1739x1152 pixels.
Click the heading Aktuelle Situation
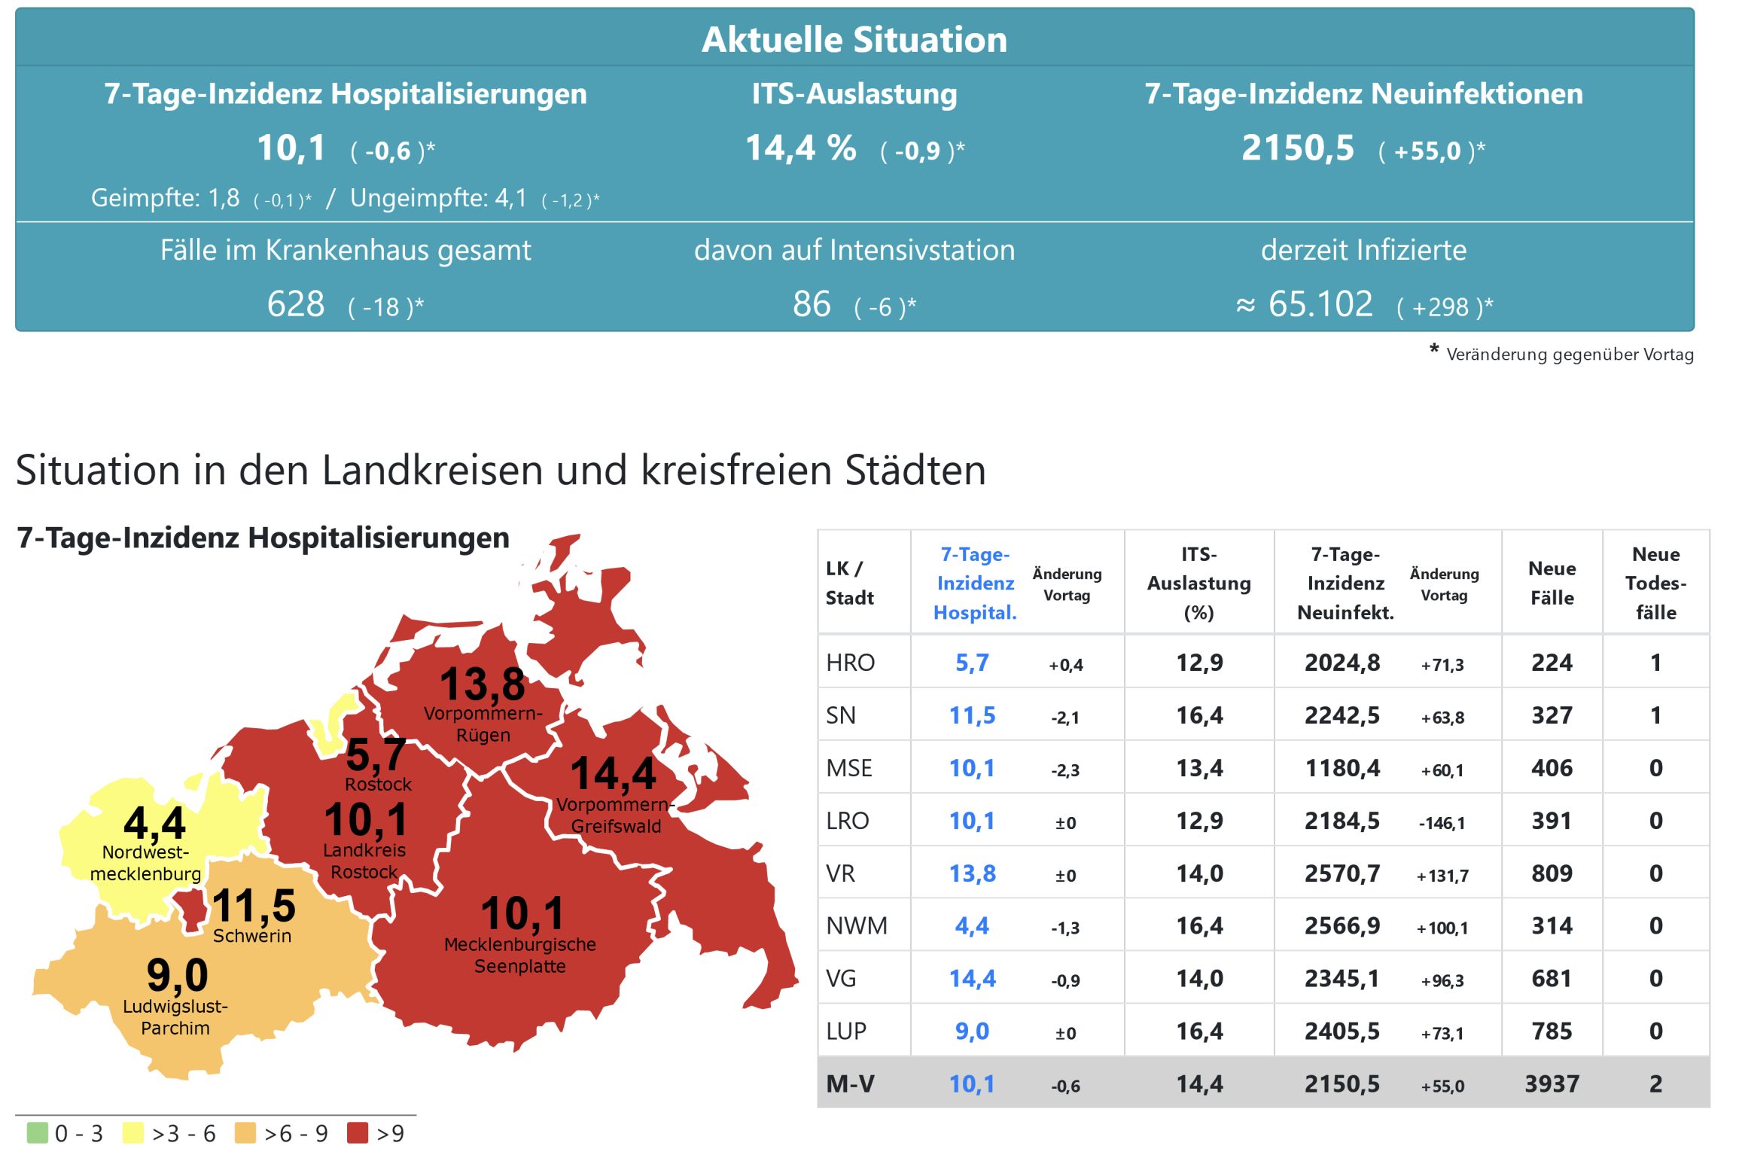click(854, 39)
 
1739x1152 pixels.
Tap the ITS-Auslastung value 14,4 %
click(800, 148)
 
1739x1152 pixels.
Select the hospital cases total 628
click(296, 304)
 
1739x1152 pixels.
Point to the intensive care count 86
click(812, 304)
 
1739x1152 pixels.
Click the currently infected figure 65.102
click(1320, 304)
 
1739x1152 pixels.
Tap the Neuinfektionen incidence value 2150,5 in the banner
click(1297, 148)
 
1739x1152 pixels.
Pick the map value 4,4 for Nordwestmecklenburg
click(154, 822)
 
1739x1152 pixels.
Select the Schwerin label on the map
click(252, 936)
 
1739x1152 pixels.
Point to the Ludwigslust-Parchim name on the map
click(175, 1017)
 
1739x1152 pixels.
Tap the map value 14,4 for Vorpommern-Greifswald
click(614, 773)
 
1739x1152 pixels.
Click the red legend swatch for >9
click(358, 1132)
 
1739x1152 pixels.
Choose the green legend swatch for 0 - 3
click(37, 1132)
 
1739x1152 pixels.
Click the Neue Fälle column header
click(1552, 583)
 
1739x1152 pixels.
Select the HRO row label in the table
click(850, 663)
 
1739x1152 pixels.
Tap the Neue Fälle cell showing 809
click(1552, 873)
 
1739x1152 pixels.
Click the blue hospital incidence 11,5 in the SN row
click(972, 715)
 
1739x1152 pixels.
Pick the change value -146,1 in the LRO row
click(1442, 823)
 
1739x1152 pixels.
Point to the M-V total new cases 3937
click(1552, 1083)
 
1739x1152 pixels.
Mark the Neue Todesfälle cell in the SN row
click(1655, 715)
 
